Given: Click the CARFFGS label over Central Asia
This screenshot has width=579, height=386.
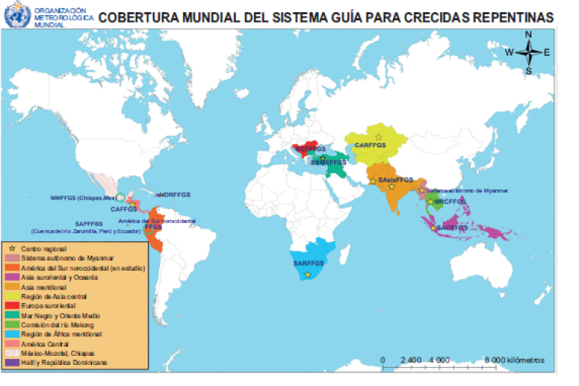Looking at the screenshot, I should [370, 144].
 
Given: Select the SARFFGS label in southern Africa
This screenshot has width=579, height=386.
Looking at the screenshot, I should [308, 263].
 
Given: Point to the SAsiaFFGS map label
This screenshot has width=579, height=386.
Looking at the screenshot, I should [395, 180].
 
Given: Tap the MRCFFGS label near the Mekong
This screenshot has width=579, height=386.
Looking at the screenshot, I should [451, 201].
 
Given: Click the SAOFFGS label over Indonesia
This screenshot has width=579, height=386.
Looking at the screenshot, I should [452, 227].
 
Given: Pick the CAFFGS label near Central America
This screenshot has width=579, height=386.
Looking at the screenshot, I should [124, 209].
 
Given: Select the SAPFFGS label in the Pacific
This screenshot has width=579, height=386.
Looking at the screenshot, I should [88, 223].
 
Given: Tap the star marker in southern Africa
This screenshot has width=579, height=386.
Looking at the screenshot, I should [308, 274].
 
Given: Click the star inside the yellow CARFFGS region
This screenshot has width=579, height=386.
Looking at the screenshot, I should [378, 136].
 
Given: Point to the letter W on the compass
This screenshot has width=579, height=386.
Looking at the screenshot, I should [509, 52].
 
